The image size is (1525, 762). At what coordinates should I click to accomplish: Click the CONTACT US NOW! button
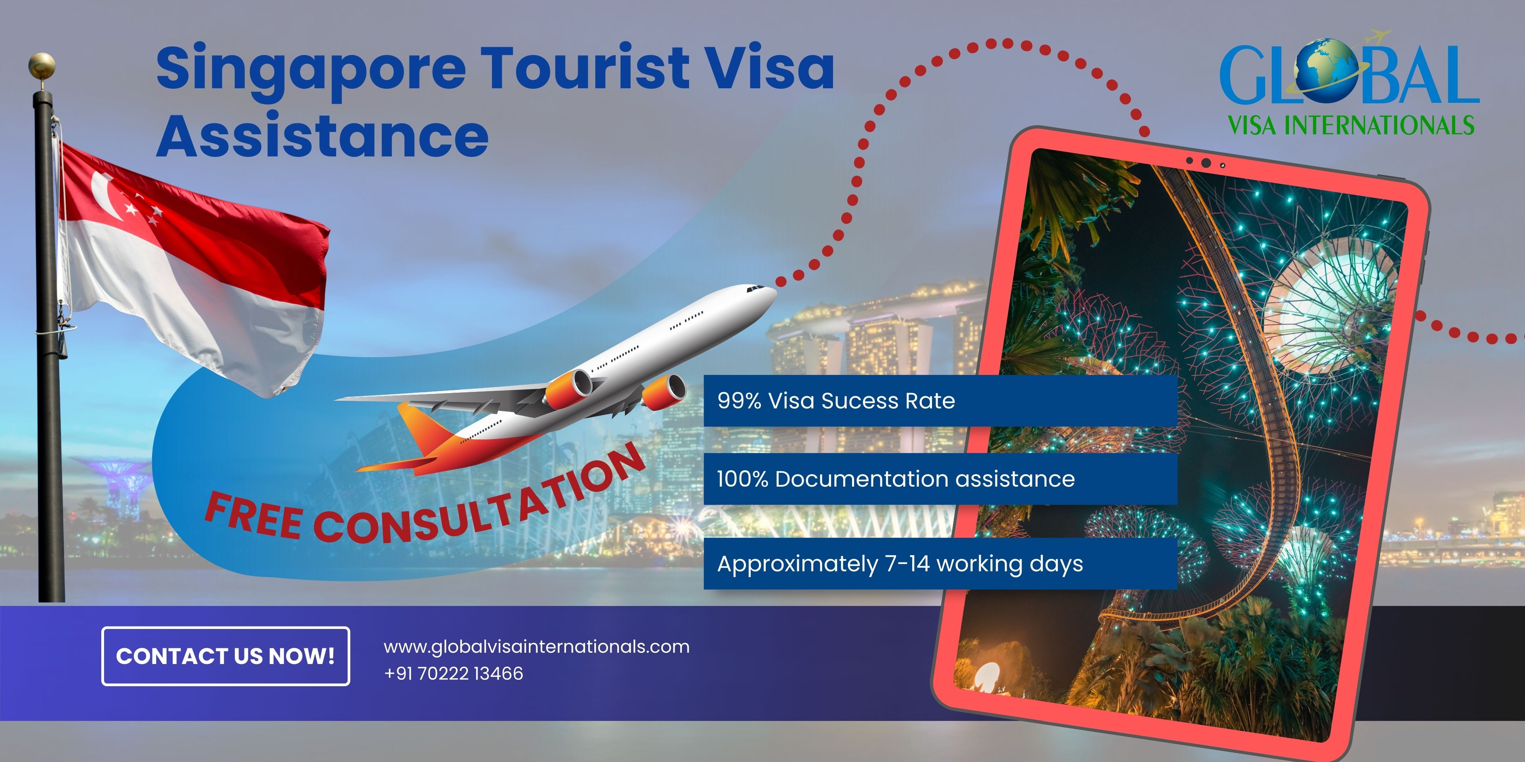pyautogui.click(x=226, y=656)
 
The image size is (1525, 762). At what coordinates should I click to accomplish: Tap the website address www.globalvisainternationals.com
pyautogui.click(x=536, y=647)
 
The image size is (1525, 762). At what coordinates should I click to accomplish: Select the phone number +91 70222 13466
pyautogui.click(x=453, y=673)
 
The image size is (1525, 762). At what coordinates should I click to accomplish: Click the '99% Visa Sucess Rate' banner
pyautogui.click(x=940, y=400)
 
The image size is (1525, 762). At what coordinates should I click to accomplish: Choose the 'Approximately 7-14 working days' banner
pyautogui.click(x=940, y=564)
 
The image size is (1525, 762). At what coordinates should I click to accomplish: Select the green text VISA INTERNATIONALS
pyautogui.click(x=1351, y=125)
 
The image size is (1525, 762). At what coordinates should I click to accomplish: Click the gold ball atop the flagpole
pyautogui.click(x=42, y=65)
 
